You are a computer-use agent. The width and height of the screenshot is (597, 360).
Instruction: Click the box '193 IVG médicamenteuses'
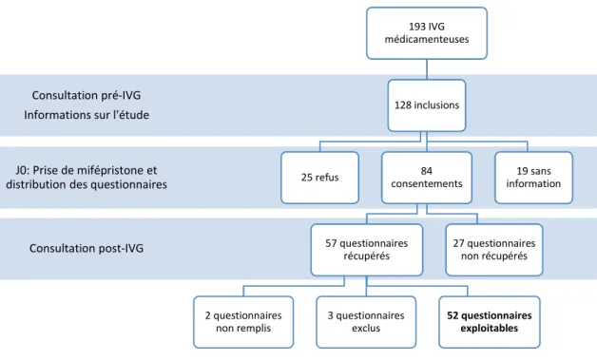[427, 33]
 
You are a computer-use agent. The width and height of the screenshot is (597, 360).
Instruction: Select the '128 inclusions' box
[427, 105]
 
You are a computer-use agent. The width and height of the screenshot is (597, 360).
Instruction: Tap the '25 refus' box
[319, 178]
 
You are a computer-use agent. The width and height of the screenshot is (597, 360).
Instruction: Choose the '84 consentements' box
[427, 178]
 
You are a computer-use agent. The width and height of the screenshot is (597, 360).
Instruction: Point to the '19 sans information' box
[533, 178]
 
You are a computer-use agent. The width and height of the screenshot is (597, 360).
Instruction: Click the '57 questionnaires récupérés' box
[367, 250]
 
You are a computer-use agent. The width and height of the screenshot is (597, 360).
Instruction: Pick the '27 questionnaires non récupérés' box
[493, 250]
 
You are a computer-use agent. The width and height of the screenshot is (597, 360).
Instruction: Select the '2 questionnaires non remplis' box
[243, 322]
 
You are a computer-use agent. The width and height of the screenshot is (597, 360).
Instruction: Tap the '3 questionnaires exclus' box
[366, 322]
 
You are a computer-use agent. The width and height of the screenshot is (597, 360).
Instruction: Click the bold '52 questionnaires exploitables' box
[490, 322]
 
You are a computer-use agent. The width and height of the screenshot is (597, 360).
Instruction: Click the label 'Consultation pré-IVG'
[87, 95]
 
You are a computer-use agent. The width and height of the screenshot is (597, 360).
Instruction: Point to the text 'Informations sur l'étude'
[87, 115]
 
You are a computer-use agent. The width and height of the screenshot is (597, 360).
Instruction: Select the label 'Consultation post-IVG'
[87, 248]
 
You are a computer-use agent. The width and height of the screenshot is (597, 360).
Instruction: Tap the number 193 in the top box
[417, 27]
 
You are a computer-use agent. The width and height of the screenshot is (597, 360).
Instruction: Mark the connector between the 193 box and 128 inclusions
[427, 69]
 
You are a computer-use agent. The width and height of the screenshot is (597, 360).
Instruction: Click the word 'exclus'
[366, 328]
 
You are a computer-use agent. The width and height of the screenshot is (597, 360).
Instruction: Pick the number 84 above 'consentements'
[427, 171]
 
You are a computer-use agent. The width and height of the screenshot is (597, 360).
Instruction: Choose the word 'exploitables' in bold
[490, 328]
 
